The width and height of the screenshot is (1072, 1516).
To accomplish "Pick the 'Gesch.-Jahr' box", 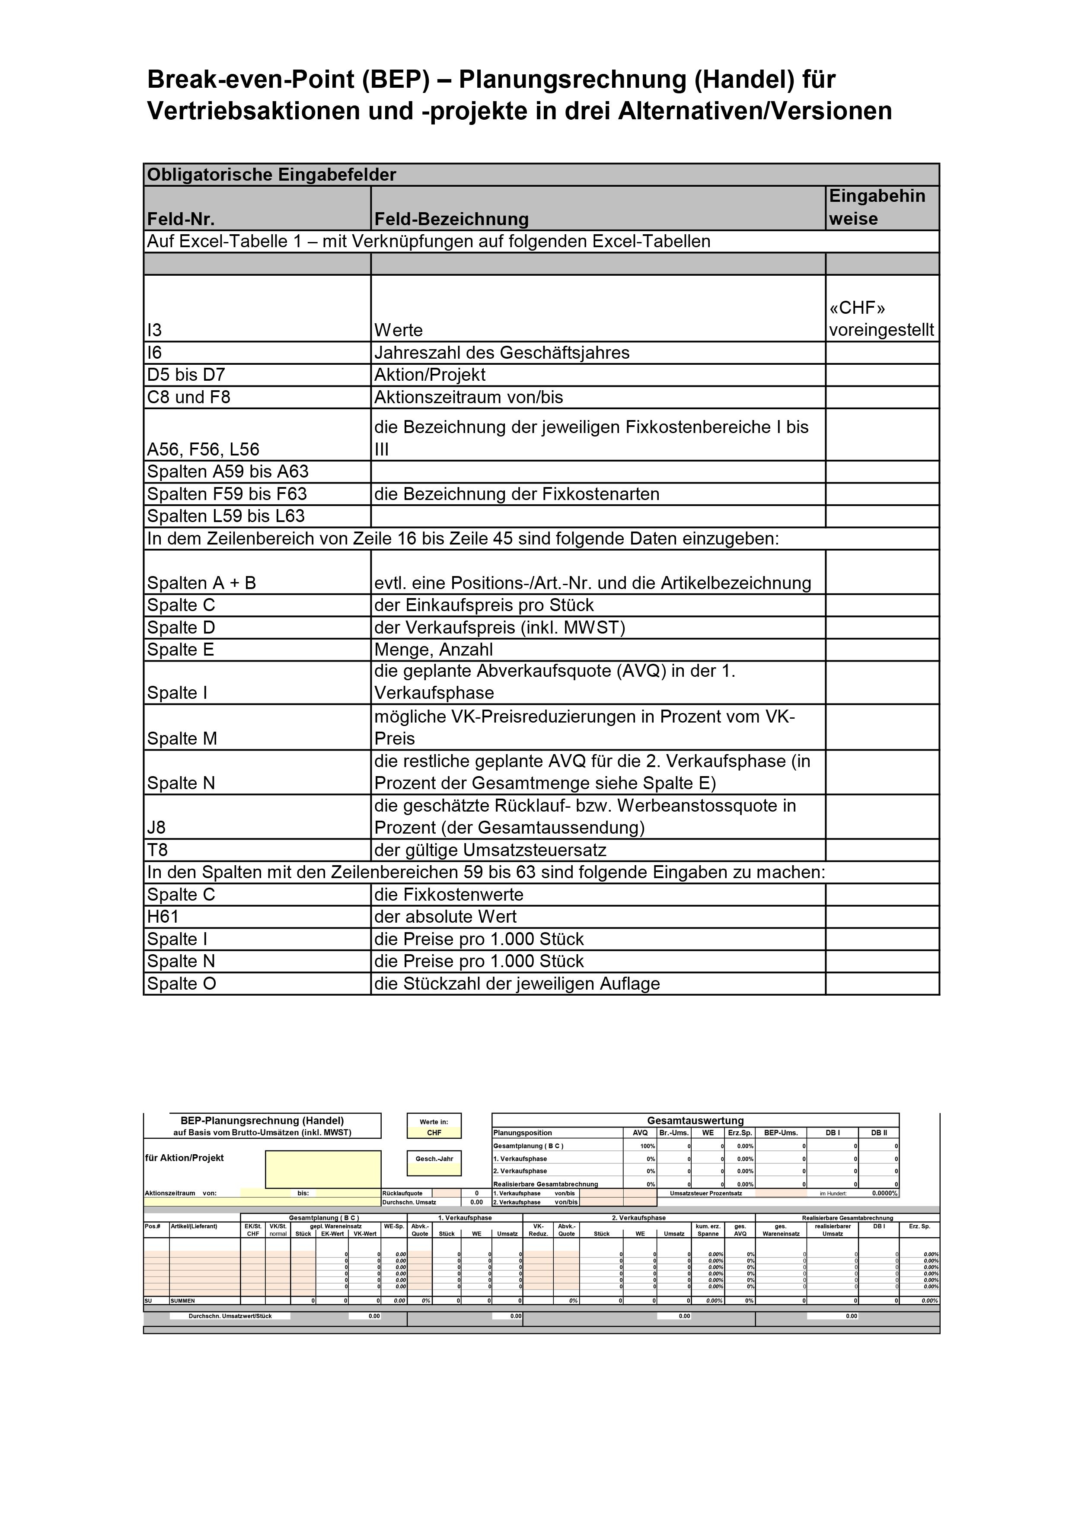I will coord(434,1163).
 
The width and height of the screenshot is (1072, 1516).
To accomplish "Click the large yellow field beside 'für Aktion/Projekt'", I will coord(323,1169).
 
